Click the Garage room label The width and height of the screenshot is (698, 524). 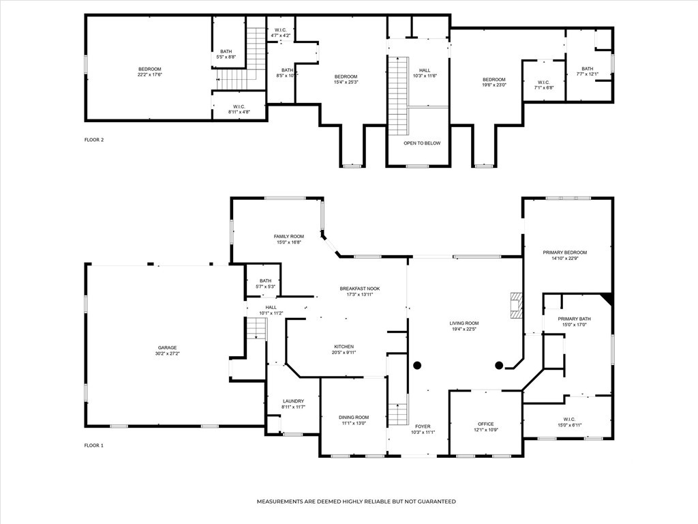coord(168,347)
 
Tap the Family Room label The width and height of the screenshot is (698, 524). coord(289,237)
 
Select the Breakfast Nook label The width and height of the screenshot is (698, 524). coord(360,289)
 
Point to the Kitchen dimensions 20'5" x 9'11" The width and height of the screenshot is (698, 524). coord(345,353)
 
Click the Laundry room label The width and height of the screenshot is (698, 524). coord(293,401)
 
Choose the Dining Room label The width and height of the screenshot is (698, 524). coord(354,418)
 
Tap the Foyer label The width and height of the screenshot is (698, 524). coord(423,426)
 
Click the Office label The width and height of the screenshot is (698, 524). coord(485,424)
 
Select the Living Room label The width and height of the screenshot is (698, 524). coord(464,323)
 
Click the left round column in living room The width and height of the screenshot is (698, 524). coord(417,366)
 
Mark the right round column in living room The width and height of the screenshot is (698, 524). coord(499,366)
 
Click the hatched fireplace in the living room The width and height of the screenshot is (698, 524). coord(517,305)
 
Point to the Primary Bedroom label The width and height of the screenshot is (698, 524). coord(565,252)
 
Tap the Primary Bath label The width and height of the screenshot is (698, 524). coord(574,319)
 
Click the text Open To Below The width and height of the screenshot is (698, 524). coord(422,143)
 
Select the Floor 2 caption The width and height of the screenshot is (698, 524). coord(94,139)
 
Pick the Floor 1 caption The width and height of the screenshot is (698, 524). coord(93,445)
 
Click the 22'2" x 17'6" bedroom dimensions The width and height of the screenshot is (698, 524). coord(149,75)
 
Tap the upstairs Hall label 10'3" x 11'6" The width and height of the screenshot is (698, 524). coord(425,73)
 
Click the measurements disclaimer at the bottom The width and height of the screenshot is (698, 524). coord(356,501)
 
